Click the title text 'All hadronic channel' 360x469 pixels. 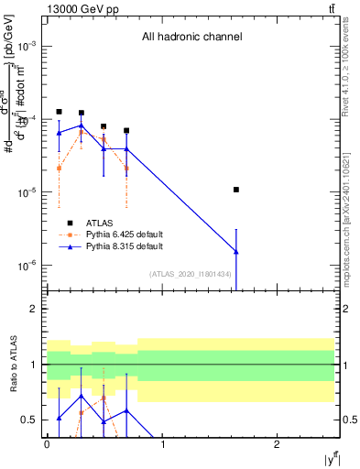click(x=191, y=38)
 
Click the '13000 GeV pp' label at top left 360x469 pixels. click(x=78, y=9)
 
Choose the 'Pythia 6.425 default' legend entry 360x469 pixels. click(x=126, y=234)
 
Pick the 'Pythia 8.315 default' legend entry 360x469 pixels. click(x=126, y=246)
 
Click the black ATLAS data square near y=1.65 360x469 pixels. click(x=236, y=190)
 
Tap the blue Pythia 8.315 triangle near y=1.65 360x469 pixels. click(x=236, y=251)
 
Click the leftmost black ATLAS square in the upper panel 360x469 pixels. click(x=59, y=112)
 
